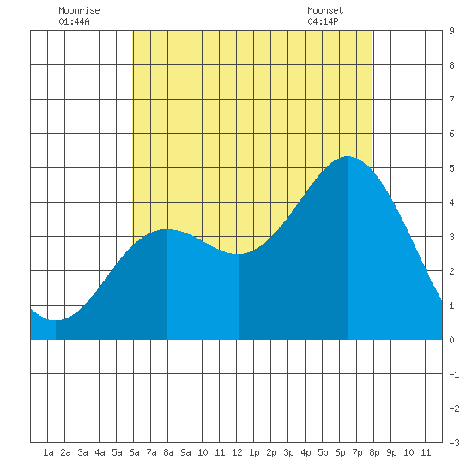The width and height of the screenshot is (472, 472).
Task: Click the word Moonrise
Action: [x=79, y=10]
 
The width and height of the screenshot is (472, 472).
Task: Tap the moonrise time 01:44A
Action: [x=74, y=21]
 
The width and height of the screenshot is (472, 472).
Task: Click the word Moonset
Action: [x=325, y=10]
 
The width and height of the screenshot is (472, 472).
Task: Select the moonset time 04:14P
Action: [x=323, y=21]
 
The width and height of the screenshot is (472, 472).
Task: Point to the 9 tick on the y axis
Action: [x=451, y=31]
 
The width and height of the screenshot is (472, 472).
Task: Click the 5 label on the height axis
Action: [x=451, y=168]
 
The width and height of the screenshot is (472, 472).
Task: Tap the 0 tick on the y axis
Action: [x=451, y=340]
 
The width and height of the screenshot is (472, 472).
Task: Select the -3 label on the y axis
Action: [x=454, y=443]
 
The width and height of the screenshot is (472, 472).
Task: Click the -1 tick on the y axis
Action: [x=454, y=374]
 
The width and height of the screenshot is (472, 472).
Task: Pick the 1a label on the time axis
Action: [x=48, y=452]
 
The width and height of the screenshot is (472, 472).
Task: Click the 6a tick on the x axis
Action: [x=134, y=452]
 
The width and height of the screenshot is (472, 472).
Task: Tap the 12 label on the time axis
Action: [x=237, y=452]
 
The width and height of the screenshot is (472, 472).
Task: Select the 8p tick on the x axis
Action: [x=374, y=452]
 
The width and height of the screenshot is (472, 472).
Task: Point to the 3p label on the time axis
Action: [x=288, y=452]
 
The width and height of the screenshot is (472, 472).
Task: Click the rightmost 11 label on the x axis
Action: [x=426, y=452]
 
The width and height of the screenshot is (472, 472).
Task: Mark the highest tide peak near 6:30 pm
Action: [x=348, y=156]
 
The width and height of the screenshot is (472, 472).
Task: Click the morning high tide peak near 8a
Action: [x=167, y=229]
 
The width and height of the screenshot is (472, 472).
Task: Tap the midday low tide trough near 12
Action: [x=238, y=254]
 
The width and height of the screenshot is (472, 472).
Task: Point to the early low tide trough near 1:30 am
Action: [x=56, y=320]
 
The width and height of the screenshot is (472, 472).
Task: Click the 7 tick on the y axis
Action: [x=451, y=100]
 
